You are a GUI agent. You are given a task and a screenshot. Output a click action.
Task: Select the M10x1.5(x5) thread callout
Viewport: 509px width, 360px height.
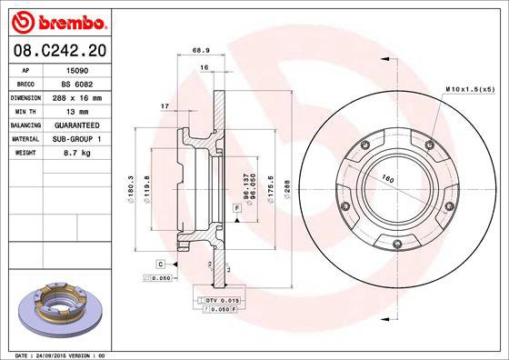point(470,88)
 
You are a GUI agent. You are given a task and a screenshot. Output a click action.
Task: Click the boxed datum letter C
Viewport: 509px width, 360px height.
point(159,264)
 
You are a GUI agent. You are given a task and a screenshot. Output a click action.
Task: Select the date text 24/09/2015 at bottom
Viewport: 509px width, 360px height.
point(54,354)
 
